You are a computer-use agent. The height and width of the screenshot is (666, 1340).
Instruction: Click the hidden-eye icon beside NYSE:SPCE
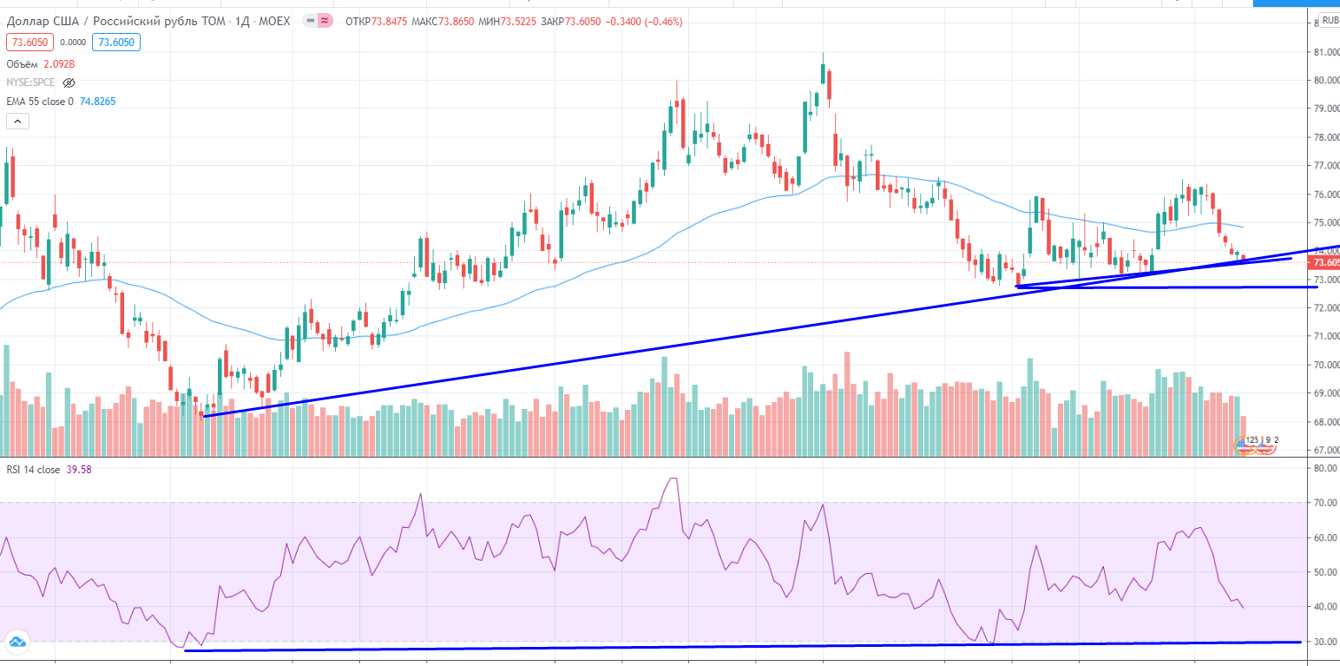(69, 82)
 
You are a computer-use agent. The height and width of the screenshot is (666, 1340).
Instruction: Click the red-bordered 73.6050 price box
(30, 42)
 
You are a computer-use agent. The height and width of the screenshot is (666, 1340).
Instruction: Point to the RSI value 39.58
(79, 470)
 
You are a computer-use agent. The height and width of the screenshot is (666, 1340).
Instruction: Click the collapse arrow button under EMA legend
(18, 122)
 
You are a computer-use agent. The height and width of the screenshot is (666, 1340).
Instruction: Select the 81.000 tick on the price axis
(1324, 52)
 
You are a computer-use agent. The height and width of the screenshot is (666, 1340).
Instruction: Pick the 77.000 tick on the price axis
(1324, 165)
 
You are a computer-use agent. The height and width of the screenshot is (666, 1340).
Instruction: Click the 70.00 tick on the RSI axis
(1324, 503)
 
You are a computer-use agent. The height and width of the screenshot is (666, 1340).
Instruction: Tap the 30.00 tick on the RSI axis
(1324, 642)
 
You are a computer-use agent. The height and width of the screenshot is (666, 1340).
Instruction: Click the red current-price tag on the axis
(1325, 262)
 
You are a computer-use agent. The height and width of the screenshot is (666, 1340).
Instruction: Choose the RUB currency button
(1329, 19)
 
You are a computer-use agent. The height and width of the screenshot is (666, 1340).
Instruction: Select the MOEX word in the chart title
(275, 20)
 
